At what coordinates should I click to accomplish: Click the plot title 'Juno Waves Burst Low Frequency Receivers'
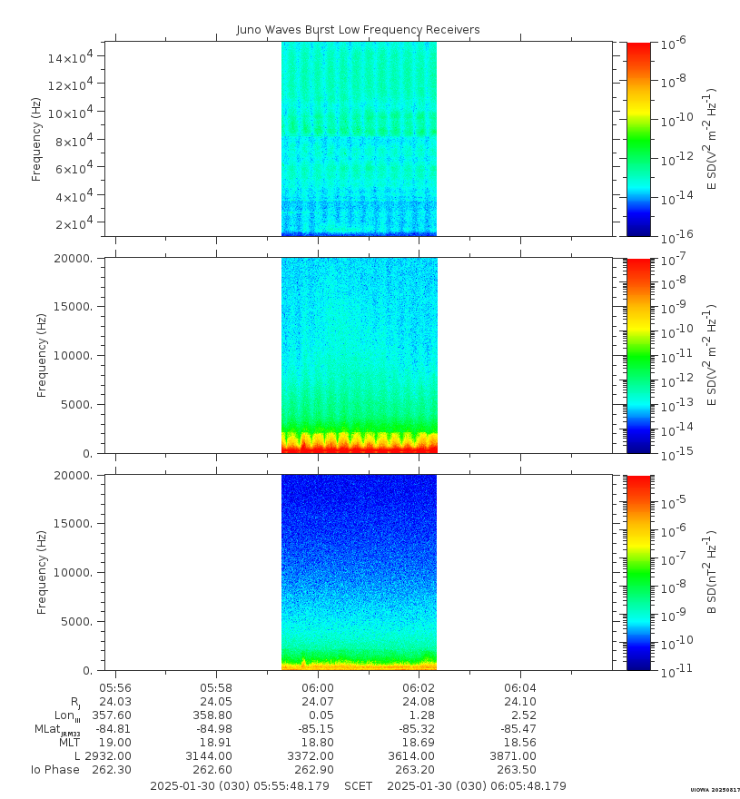[x=358, y=30]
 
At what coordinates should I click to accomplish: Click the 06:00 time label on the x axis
[x=318, y=688]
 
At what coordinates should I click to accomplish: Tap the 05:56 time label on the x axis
[x=115, y=688]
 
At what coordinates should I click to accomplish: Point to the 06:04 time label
[x=519, y=688]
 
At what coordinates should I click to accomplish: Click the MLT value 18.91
[x=216, y=742]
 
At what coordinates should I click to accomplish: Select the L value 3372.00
[x=318, y=755]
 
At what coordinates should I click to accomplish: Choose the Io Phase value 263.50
[x=519, y=769]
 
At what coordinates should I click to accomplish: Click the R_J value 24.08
[x=419, y=701]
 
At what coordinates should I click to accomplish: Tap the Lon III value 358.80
[x=216, y=715]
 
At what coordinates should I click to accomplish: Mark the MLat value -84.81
[x=115, y=728]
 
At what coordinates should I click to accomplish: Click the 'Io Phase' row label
[x=55, y=769]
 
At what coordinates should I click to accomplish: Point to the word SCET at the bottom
[x=358, y=785]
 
